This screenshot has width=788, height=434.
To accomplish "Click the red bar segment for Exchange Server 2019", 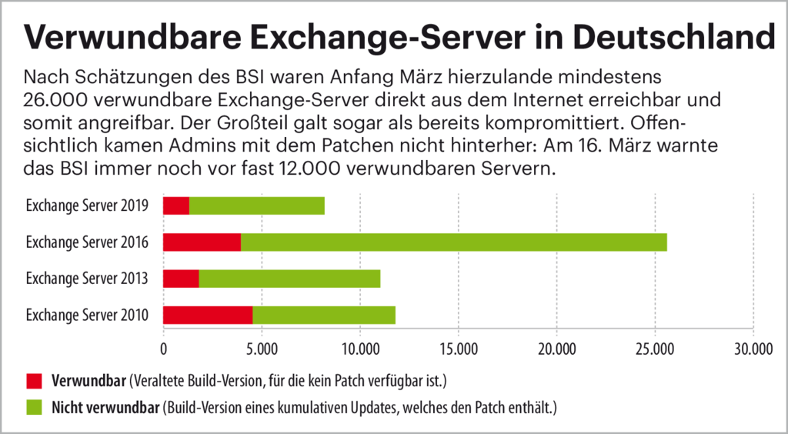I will [176, 205].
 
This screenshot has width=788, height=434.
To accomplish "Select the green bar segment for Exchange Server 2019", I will [256, 205].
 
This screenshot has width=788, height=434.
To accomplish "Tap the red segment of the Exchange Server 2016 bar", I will [202, 242].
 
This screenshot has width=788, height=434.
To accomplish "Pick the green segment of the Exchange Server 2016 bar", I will [453, 242].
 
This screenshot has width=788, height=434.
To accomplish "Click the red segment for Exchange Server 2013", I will [181, 279].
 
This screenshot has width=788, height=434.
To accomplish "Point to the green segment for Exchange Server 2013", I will [289, 279].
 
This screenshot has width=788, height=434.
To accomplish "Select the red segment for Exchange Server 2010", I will [208, 315].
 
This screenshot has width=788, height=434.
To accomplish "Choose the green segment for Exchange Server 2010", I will [324, 315].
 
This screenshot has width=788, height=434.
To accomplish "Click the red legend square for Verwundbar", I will [35, 381].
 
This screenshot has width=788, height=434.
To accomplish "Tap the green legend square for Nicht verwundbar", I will [35, 407].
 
